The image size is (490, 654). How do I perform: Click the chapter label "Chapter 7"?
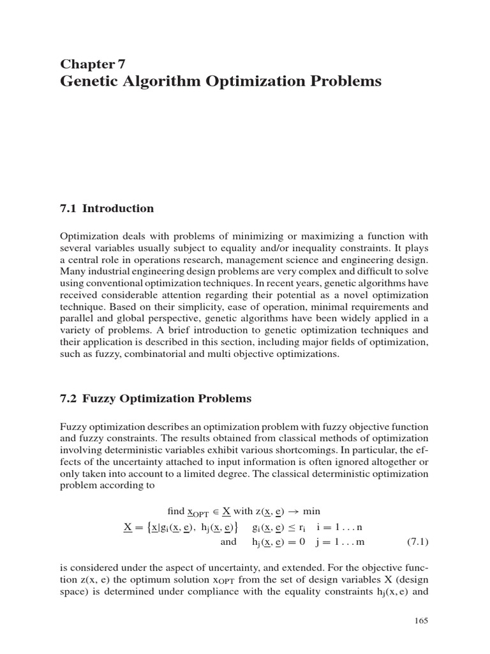(x=93, y=63)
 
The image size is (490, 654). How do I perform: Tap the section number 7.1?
(x=68, y=208)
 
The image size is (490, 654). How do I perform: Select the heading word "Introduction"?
(x=118, y=208)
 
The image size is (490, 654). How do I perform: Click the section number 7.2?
(x=68, y=399)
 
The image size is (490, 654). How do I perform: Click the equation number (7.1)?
(x=417, y=542)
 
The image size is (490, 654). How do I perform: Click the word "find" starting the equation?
(x=175, y=511)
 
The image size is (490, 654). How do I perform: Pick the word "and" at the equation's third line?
(x=228, y=542)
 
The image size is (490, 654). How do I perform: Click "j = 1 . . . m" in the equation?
(x=339, y=542)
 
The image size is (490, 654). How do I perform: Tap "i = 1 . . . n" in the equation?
(x=338, y=527)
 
